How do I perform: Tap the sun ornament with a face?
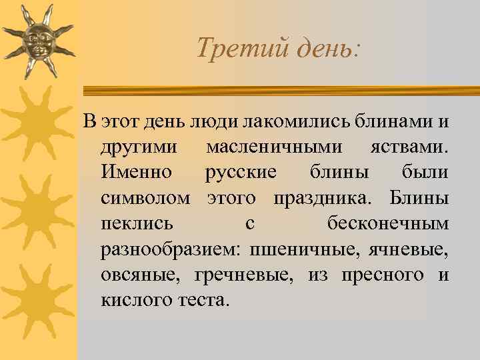(x=37, y=42)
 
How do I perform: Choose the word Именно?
(x=136, y=173)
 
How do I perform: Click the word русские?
(x=241, y=173)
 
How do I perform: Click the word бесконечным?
(x=388, y=223)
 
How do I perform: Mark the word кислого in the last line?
(x=133, y=299)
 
